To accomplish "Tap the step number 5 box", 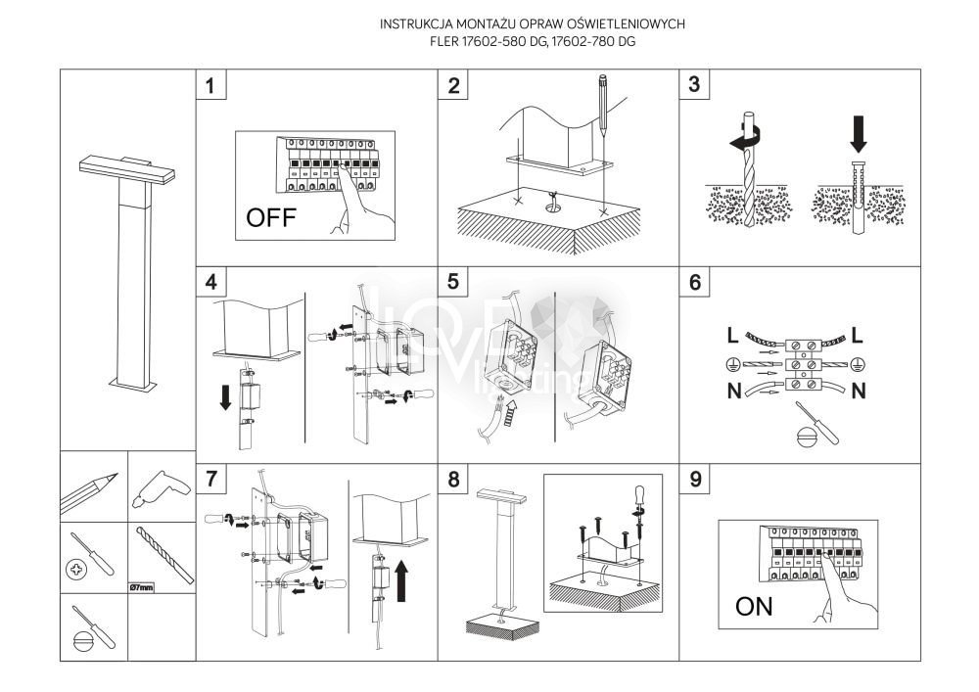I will click(x=452, y=282).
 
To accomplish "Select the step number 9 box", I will click(x=694, y=479).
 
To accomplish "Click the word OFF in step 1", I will click(x=269, y=216).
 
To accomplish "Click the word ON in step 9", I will click(x=754, y=606).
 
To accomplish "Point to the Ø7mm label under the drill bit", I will click(x=142, y=587).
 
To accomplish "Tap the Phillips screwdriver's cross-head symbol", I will click(x=76, y=569).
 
